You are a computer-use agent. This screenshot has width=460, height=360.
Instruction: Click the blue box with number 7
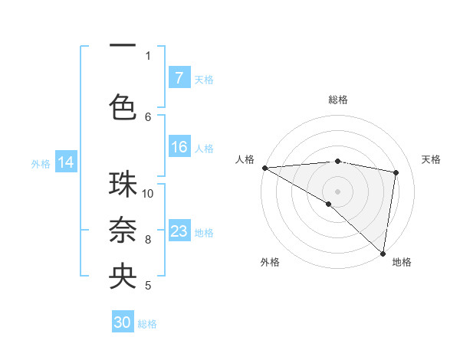click(179, 77)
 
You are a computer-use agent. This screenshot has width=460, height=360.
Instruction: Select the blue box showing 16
click(179, 148)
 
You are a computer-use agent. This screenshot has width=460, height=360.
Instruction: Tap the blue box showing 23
click(179, 232)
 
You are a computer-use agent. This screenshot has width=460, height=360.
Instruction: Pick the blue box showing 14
click(66, 162)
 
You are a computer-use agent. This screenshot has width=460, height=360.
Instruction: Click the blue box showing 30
click(123, 322)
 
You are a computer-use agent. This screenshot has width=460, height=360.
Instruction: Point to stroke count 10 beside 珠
click(148, 194)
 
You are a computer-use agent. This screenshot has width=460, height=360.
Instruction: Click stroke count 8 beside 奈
click(148, 240)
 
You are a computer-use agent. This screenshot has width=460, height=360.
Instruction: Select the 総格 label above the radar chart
click(338, 100)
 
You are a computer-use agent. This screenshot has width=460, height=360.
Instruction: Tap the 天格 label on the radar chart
click(432, 159)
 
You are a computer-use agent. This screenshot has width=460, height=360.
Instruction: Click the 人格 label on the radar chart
click(245, 159)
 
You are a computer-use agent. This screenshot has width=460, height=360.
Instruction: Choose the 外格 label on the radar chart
click(270, 262)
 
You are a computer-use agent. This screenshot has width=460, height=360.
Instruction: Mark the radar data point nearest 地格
click(383, 253)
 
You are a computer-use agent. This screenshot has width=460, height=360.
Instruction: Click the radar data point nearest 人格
click(264, 167)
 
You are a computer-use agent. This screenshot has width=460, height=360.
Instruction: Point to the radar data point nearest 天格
click(396, 172)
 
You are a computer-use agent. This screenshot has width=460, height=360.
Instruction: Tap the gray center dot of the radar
click(337, 191)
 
